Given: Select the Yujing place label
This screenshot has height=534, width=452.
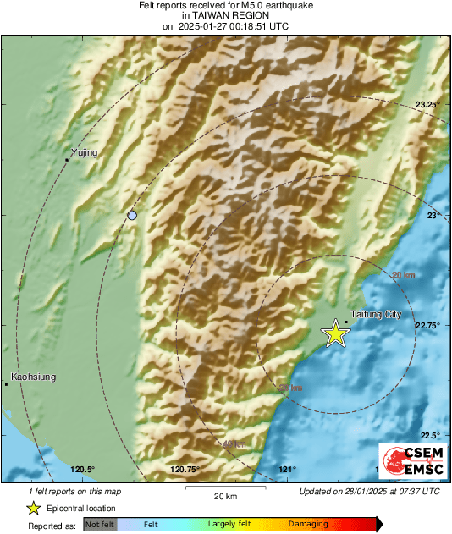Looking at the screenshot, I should [85, 152].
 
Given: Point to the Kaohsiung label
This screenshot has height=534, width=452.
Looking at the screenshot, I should [34, 377].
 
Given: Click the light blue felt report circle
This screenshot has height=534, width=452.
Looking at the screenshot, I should [131, 216].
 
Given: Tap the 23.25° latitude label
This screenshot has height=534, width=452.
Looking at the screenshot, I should [429, 104].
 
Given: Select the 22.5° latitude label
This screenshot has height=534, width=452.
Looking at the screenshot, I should [431, 435].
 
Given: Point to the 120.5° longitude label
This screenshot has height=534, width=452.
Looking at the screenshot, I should [82, 470].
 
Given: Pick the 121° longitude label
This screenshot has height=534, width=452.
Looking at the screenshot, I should [288, 470].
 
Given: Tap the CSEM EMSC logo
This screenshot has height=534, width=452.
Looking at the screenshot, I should [411, 461].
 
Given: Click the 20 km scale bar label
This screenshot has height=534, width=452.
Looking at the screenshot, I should [225, 496].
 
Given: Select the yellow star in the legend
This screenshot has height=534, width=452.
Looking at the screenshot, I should [34, 508].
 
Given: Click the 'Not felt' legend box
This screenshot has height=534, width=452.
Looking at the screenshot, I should [99, 525].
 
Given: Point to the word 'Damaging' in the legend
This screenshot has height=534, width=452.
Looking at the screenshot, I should [307, 525].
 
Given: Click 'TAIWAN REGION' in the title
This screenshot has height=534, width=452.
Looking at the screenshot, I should [225, 15].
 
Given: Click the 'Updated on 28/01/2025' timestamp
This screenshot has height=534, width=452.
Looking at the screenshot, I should [369, 491].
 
